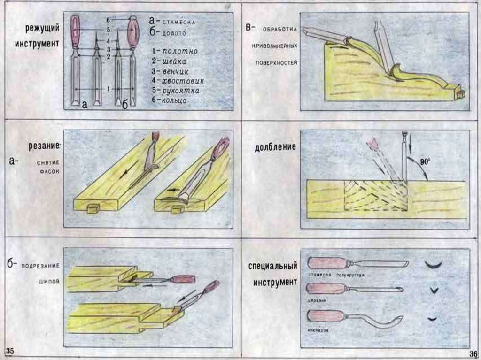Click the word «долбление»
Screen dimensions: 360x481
click(x=275, y=147)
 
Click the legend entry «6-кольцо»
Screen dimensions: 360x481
click(x=170, y=100)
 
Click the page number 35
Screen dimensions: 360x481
click(x=10, y=351)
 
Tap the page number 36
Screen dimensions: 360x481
click(x=473, y=353)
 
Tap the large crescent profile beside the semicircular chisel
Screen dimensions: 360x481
click(x=434, y=265)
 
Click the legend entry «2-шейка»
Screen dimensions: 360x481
click(x=169, y=61)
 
